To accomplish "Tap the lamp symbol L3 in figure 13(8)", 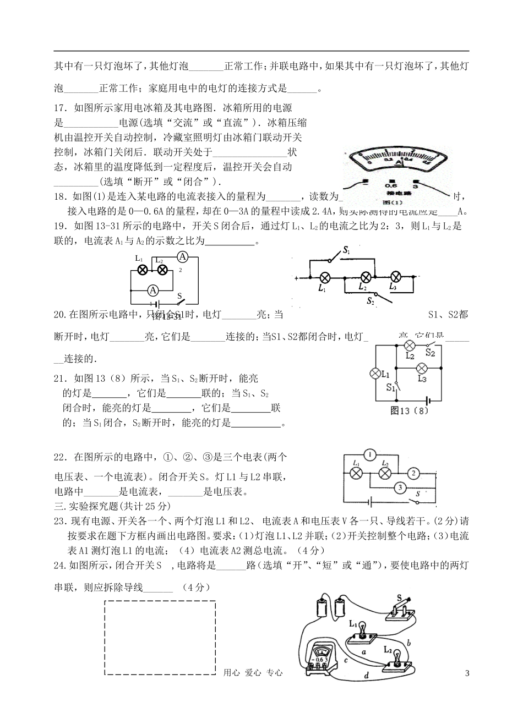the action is click(x=422, y=369).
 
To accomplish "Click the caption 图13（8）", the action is click(x=408, y=410).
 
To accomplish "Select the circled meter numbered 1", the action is click(x=371, y=454).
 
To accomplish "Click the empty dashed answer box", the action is click(x=160, y=638).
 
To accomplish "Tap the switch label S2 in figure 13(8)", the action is click(x=431, y=353).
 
